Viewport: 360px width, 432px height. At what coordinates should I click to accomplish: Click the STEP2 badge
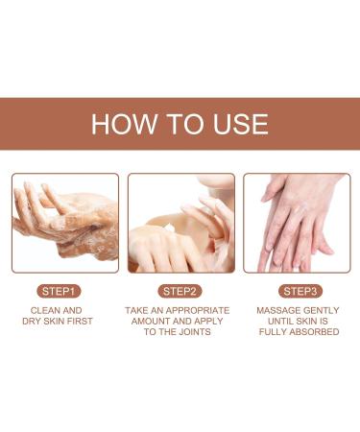180,290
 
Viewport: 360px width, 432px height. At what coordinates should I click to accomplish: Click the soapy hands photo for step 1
65,223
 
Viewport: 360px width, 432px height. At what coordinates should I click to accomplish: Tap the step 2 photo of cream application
180,223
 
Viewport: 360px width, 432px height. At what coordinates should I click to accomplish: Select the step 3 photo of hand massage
296,223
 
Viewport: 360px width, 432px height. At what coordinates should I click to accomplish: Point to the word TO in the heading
182,124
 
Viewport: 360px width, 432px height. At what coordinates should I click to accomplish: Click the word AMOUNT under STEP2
154,322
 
